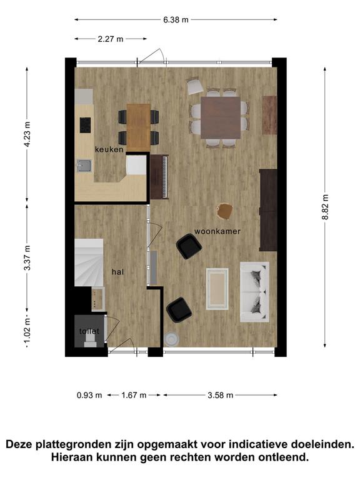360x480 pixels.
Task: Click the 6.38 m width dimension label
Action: pos(176,20)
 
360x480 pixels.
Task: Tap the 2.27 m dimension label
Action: pos(111,39)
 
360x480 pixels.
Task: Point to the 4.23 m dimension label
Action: pos(27,134)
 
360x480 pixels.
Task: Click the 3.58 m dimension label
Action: pos(221,395)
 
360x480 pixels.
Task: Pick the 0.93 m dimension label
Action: pos(89,395)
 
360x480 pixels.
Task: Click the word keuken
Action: pos(109,149)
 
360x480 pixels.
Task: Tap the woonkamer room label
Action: pos(217,231)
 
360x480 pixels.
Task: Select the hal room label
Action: pos(118,272)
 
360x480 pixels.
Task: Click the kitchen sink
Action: pos(84,166)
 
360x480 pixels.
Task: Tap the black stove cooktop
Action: pos(85,125)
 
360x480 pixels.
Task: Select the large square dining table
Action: pos(221,117)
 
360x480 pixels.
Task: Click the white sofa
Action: pos(255,292)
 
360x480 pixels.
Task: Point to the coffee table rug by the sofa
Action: pos(217,289)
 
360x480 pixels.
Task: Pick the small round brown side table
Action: pos(224,211)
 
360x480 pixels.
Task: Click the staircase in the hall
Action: pos(89,262)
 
